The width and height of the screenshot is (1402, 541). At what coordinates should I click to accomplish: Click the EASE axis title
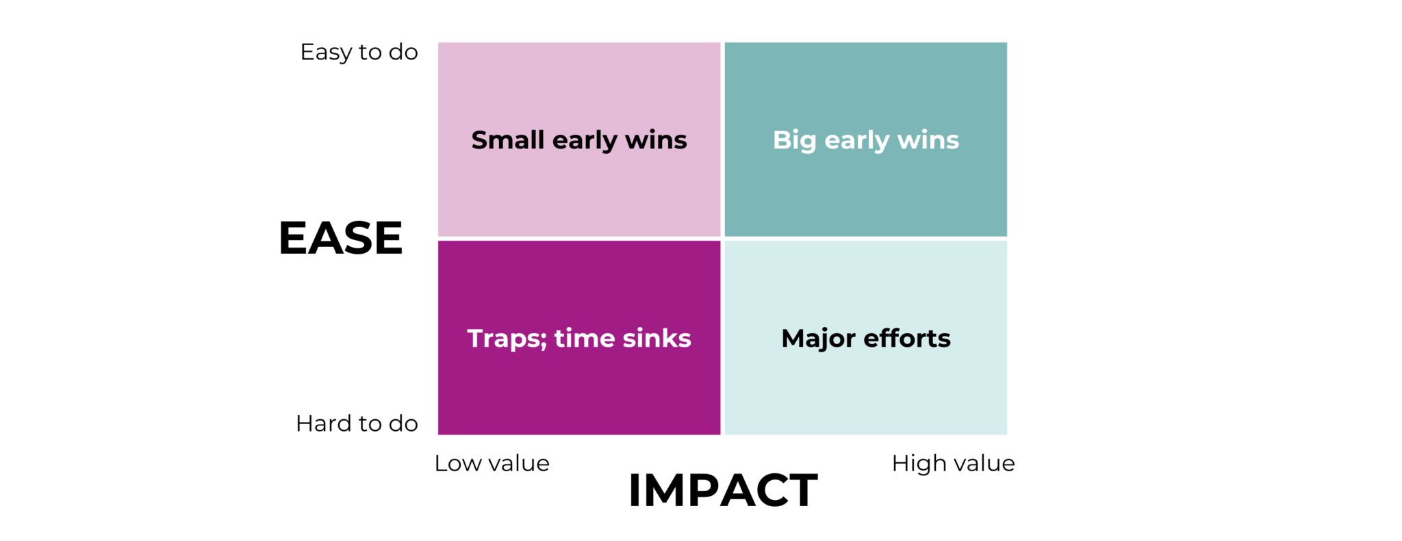(x=340, y=238)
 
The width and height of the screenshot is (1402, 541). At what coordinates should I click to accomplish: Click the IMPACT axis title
(x=722, y=490)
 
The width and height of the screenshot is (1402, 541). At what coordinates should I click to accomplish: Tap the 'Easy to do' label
(x=359, y=52)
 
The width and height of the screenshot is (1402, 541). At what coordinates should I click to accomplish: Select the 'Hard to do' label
(x=357, y=424)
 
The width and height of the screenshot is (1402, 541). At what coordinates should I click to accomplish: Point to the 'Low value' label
(x=492, y=464)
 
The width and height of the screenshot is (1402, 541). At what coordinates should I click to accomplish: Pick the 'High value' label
(x=953, y=464)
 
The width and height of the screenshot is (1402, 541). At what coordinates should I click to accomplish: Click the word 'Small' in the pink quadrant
(x=507, y=140)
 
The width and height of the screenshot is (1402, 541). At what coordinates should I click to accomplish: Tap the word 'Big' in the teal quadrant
(x=794, y=140)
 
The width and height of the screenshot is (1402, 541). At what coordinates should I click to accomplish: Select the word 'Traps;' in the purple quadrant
(x=507, y=339)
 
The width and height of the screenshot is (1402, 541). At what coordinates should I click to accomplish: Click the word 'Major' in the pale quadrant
(x=819, y=339)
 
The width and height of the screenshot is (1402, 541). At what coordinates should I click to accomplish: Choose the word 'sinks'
(x=657, y=339)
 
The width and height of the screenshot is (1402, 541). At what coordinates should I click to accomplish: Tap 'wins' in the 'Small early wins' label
(x=656, y=140)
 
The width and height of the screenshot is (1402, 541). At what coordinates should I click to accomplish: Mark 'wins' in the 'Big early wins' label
(x=928, y=140)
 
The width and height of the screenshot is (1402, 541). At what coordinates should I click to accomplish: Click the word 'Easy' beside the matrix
(x=326, y=53)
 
